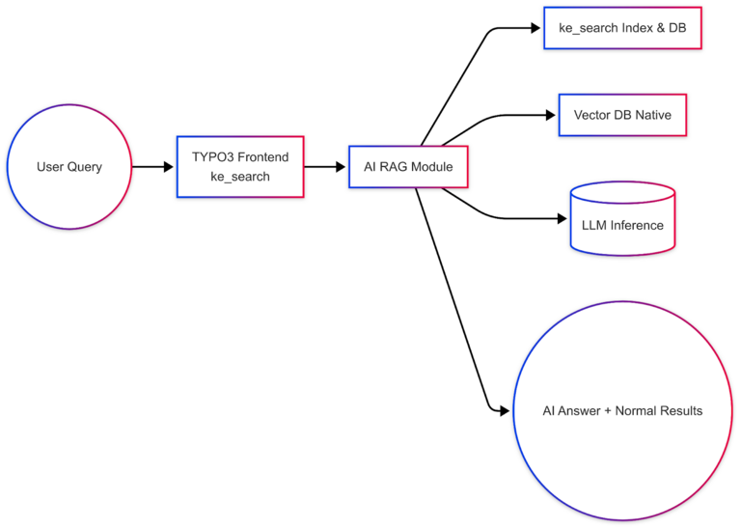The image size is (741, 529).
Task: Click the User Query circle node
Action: coord(69,167)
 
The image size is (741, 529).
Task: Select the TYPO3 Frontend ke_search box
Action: coord(240,167)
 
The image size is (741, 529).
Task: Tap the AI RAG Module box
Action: coord(408,167)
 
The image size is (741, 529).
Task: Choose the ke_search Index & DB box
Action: coord(622,28)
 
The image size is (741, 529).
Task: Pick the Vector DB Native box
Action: coord(622,115)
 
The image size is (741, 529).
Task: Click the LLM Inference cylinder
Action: coord(622,221)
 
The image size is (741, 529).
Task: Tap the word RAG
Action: coord(398,167)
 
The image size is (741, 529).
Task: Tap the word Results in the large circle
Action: coord(679,410)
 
